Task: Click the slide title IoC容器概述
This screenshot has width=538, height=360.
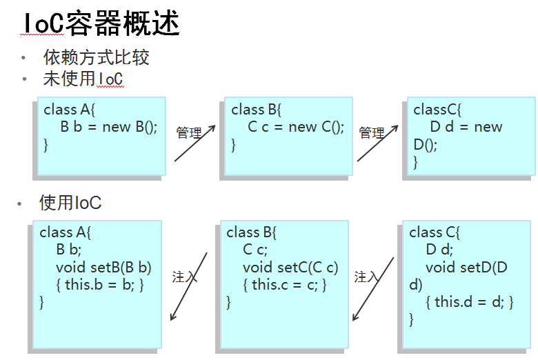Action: coord(101,23)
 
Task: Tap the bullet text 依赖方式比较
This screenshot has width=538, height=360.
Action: coord(97,57)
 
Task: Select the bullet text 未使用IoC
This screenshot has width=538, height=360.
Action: coord(83,79)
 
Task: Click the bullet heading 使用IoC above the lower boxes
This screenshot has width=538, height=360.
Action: coord(70,202)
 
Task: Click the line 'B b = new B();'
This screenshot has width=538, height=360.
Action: coord(109,127)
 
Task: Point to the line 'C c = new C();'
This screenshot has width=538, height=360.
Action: coord(296,127)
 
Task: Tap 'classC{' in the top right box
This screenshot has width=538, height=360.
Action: coord(437,110)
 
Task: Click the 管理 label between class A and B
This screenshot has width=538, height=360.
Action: coord(188,133)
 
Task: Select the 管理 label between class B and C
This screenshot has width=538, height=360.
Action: coord(371,133)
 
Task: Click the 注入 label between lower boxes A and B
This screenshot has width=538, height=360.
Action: coord(184,277)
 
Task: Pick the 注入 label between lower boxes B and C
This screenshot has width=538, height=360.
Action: coord(366,277)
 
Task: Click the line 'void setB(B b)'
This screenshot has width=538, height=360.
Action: coord(103,268)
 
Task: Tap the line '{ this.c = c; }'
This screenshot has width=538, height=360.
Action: coord(285,285)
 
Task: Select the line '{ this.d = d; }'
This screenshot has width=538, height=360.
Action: coord(470,302)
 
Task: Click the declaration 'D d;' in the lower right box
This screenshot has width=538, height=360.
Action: coord(439,250)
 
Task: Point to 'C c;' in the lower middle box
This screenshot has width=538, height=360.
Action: coord(255,250)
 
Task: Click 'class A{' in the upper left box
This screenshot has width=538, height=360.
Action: coord(69,110)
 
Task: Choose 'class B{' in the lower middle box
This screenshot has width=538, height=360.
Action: coord(251,232)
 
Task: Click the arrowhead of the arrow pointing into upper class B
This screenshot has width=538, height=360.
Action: coord(212,128)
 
